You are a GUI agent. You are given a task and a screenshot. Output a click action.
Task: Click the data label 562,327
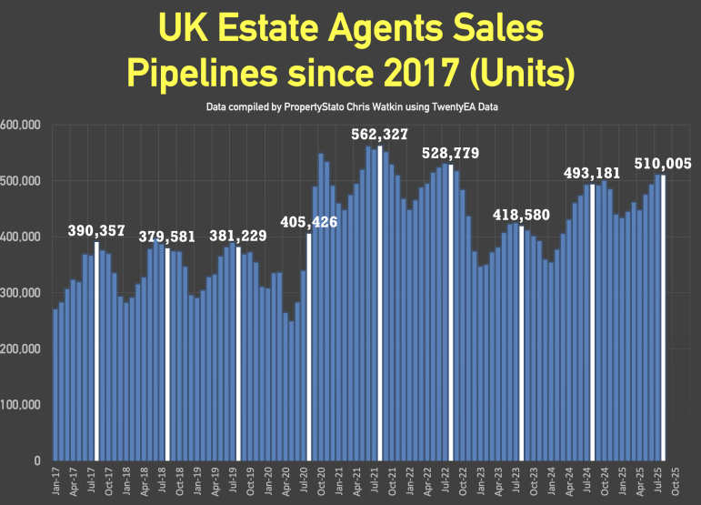click(x=380, y=136)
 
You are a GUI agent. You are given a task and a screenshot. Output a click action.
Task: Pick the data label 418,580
click(x=521, y=215)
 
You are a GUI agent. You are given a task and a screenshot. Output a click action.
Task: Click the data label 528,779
click(x=450, y=153)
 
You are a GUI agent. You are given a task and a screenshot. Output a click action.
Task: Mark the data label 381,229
click(x=238, y=236)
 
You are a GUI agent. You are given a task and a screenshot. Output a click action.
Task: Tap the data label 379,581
click(x=167, y=237)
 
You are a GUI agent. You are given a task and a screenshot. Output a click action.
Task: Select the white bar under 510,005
click(x=664, y=318)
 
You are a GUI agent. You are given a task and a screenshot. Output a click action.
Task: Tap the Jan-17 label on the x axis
click(x=56, y=482)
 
